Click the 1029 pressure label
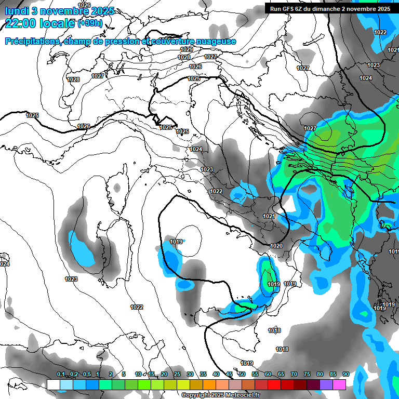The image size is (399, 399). click(x=187, y=49)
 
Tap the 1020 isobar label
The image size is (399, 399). click(x=276, y=246)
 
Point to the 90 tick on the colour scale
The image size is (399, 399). click(x=345, y=374)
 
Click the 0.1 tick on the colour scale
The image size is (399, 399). click(x=61, y=374)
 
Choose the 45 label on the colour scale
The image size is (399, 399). click(x=229, y=374)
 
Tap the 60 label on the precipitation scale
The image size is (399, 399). click(x=268, y=374)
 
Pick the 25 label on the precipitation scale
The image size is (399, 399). click(x=177, y=374)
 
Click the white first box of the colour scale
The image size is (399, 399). click(x=53, y=384)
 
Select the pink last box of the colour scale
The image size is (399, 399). click(x=339, y=384)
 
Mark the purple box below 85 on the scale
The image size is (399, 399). click(x=326, y=384)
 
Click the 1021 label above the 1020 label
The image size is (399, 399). click(x=269, y=216)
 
